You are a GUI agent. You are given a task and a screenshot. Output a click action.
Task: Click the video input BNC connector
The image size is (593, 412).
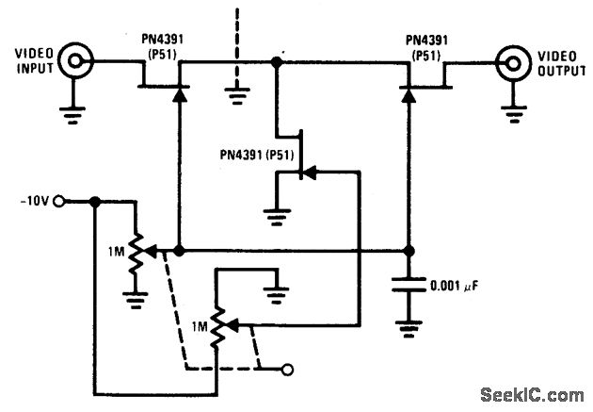75,63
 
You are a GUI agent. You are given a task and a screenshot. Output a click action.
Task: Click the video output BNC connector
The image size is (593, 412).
515,63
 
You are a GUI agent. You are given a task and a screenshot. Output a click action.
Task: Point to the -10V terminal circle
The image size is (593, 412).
60,201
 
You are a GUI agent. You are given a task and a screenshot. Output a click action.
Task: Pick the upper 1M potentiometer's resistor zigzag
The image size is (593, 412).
137,252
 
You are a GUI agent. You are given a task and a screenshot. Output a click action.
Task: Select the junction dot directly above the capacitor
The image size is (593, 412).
409,252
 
